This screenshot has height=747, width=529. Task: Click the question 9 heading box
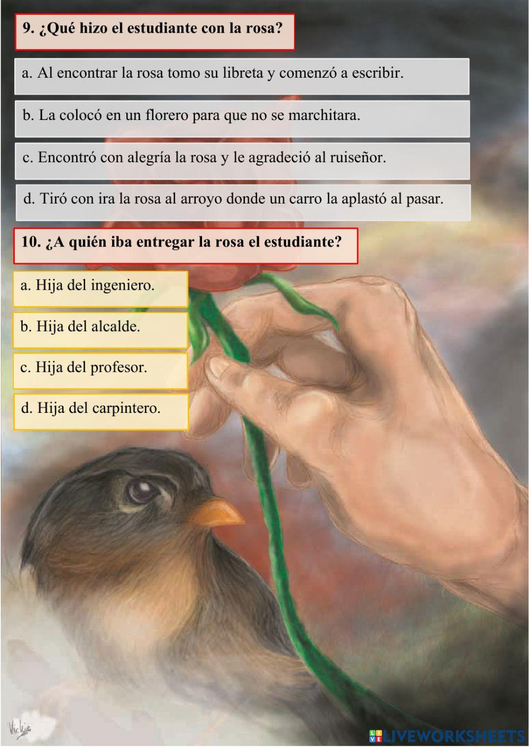(x=154, y=32)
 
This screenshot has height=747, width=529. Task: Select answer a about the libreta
(x=242, y=76)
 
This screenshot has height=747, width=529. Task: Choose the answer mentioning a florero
(x=242, y=118)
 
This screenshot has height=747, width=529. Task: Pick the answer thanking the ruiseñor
(x=242, y=160)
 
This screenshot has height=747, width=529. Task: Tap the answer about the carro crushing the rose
(x=243, y=202)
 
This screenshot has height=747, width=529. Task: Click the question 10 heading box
(x=185, y=245)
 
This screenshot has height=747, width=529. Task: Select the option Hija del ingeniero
(x=101, y=289)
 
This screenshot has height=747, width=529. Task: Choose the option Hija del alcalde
(x=101, y=330)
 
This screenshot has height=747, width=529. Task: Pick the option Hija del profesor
(x=101, y=371)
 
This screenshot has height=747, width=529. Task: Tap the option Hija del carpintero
(x=101, y=411)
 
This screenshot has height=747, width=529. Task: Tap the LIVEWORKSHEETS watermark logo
(x=447, y=735)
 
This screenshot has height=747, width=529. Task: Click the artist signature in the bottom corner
(x=20, y=728)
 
